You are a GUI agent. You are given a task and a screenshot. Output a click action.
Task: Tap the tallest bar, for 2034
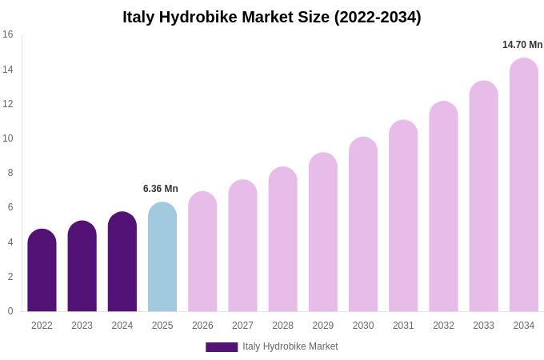pyautogui.click(x=524, y=185)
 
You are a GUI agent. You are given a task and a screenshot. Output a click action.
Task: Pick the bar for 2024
pyautogui.click(x=122, y=262)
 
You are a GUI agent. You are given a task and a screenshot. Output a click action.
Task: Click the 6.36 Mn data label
pyautogui.click(x=161, y=189)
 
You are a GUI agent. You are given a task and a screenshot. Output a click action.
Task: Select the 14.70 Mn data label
pyautogui.click(x=522, y=45)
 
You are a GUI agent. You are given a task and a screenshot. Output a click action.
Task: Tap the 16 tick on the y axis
pyautogui.click(x=8, y=34)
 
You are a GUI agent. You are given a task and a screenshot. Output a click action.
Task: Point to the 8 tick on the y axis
pyautogui.click(x=10, y=173)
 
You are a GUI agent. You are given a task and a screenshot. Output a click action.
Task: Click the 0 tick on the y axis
pyautogui.click(x=10, y=311)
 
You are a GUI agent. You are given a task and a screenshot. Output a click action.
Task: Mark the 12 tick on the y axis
pyautogui.click(x=8, y=104)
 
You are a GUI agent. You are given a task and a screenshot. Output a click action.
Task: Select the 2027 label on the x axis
pyautogui.click(x=242, y=326)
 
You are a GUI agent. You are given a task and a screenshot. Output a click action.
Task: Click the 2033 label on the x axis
pyautogui.click(x=483, y=326)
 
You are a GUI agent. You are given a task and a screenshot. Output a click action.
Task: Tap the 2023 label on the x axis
pyautogui.click(x=82, y=326)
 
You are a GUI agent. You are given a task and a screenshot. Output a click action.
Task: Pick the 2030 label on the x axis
pyautogui.click(x=363, y=326)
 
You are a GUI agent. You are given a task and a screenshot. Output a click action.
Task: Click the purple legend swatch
pyautogui.click(x=222, y=347)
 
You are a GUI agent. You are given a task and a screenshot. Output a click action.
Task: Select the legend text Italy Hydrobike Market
pyautogui.click(x=290, y=346)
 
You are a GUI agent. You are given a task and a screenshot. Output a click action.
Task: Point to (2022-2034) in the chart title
pyautogui.click(x=375, y=17)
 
